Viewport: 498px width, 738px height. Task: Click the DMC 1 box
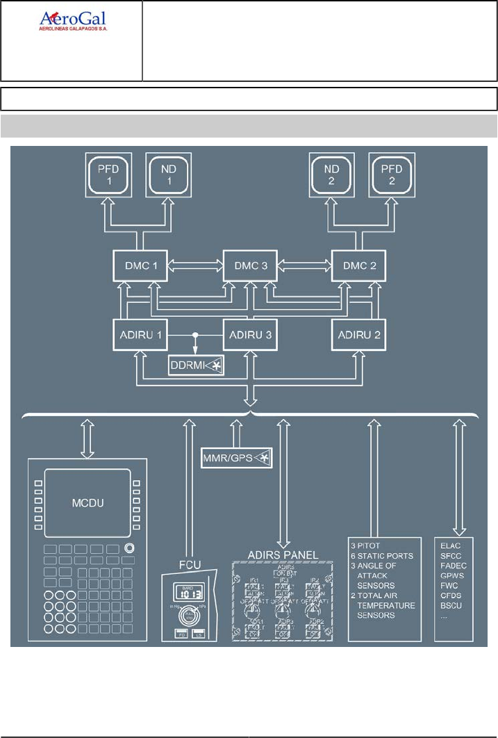point(140,265)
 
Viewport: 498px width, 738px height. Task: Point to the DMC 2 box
point(358,265)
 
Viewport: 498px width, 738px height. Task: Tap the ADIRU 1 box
point(140,334)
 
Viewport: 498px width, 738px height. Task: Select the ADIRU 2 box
point(358,334)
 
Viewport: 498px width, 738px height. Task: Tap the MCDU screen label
point(87,502)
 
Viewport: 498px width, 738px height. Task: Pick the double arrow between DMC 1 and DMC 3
point(195,265)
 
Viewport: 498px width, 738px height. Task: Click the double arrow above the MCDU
point(88,437)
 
